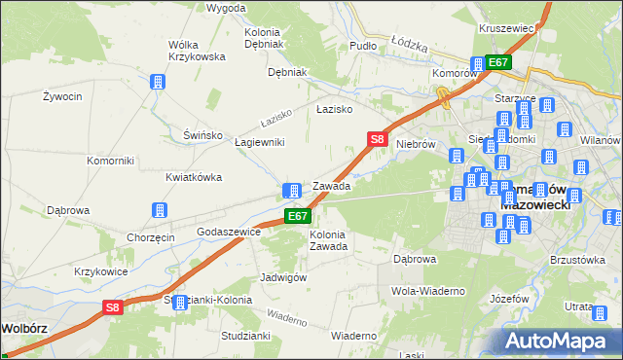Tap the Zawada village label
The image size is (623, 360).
[331, 186]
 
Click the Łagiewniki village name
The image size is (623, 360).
[260, 142]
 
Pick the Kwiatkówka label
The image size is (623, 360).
[195, 177]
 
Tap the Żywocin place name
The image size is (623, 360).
[60, 96]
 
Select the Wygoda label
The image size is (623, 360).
[226, 8]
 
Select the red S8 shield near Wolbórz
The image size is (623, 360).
[113, 308]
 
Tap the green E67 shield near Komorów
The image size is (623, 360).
[498, 62]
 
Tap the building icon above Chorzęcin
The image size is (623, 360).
[159, 210]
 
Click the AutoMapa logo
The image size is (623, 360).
[559, 342]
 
